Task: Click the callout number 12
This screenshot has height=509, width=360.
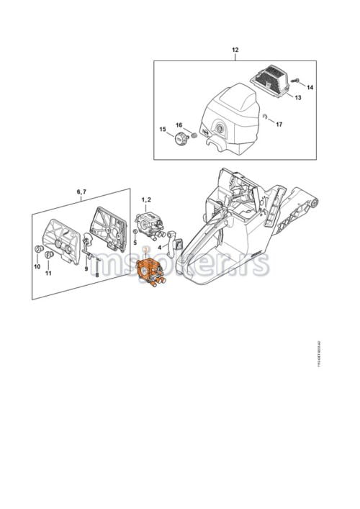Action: (x=235, y=50)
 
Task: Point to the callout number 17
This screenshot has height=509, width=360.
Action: (x=279, y=124)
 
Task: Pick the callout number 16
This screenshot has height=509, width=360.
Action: (x=179, y=125)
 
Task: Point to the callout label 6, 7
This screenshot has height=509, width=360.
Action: (x=81, y=192)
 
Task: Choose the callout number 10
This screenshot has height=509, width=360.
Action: (x=37, y=266)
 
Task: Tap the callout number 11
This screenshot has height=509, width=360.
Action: (x=49, y=274)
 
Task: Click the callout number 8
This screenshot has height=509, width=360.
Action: (x=96, y=274)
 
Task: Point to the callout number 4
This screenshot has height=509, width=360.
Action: (x=159, y=246)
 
